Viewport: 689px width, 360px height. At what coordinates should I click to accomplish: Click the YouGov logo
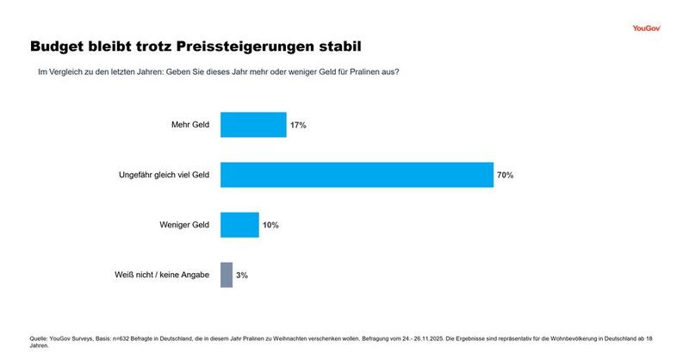coord(646,28)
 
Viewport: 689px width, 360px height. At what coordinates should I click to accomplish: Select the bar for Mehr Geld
coord(253,125)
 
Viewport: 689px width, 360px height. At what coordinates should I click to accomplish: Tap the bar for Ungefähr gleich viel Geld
coord(357,175)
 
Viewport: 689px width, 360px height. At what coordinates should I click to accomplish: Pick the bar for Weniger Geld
coord(239,225)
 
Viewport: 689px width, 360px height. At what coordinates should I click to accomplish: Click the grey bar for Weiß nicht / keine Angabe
coord(227,275)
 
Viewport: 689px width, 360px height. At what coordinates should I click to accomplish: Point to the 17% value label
coord(298,126)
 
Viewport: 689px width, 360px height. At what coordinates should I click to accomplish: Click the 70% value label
coord(506,176)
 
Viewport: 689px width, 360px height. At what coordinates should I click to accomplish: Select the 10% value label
coord(270,226)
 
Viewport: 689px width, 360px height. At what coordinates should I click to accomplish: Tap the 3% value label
coord(242,276)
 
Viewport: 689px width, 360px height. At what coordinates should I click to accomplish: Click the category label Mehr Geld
coord(190,125)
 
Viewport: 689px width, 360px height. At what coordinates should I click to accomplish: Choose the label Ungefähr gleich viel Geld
coord(164,175)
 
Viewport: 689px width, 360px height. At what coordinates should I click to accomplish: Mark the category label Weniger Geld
coord(184,225)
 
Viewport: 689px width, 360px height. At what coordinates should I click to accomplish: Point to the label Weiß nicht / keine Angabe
coord(163,275)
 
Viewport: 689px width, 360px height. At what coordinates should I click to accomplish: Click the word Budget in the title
coord(61,45)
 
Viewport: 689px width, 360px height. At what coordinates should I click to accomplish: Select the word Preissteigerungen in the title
coord(243,45)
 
